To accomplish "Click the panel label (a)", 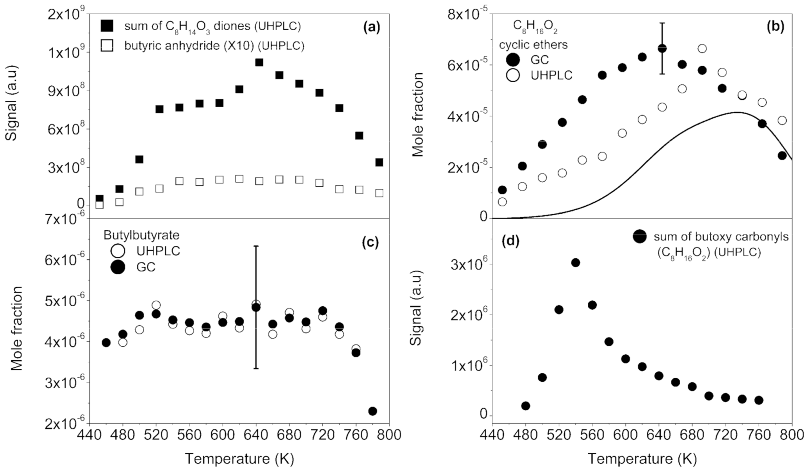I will [372, 28].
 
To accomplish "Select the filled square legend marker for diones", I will [107, 26].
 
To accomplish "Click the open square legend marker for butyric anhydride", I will [107, 45].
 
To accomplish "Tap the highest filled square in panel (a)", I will [259, 62].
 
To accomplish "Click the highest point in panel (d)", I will [575, 263].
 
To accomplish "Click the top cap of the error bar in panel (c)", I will [256, 246].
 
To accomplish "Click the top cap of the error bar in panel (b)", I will [662, 23].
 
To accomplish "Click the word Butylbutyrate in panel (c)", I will [141, 235].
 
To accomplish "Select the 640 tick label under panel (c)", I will [256, 434].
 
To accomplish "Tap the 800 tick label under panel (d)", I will [792, 434].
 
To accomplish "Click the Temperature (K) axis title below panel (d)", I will [642, 458].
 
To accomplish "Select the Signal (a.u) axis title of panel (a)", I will [11, 109].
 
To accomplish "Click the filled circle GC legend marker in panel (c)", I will [118, 267].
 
